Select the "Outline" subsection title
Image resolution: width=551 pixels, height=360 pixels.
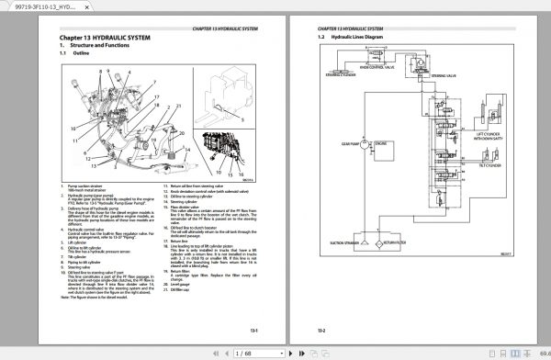click(82, 55)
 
